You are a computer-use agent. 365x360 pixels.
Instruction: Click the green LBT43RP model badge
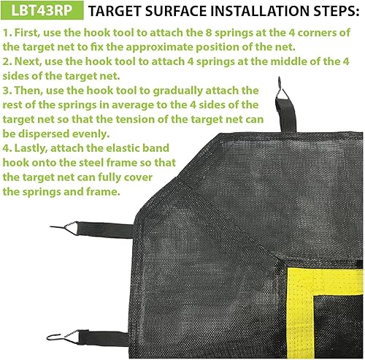tap(41, 12)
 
